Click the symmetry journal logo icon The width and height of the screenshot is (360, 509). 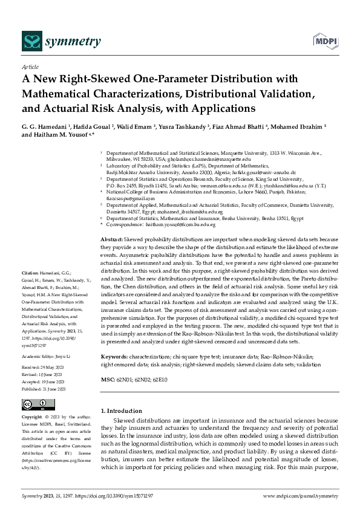click(31, 41)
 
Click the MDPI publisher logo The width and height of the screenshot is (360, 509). click(326, 41)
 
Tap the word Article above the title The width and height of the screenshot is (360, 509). click(30, 68)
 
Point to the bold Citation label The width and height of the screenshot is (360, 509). click(30, 273)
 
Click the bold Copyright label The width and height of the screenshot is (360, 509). click(32, 417)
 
